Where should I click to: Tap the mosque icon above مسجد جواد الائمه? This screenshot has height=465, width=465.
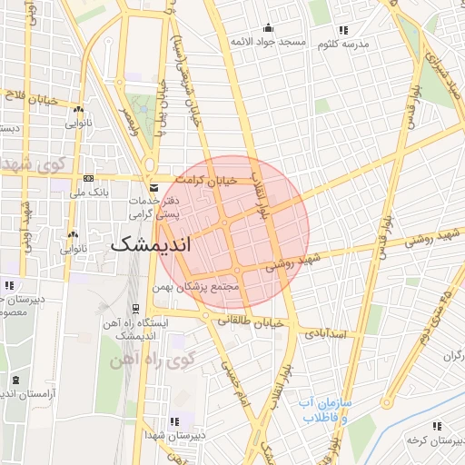tap(267, 27)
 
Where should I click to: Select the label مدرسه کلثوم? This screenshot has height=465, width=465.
tap(341, 43)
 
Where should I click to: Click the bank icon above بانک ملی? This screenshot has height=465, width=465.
tap(88, 178)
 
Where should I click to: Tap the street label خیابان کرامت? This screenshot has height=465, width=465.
tap(209, 180)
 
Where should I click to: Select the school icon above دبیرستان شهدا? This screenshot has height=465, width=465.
tap(173, 421)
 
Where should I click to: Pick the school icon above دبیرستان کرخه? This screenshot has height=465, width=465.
tap(437, 425)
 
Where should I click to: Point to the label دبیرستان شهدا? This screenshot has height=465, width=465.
tap(173, 435)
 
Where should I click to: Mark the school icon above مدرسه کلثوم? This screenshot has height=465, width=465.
tap(341, 28)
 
